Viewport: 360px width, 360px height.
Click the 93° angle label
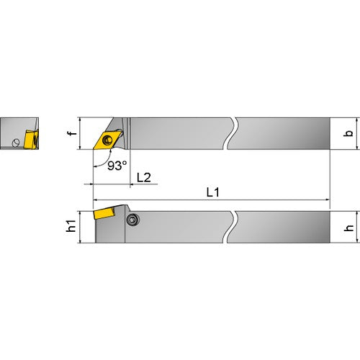pyautogui.click(x=117, y=166)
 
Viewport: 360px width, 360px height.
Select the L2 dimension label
pyautogui.click(x=144, y=177)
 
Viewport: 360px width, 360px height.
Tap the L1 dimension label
pyautogui.click(x=213, y=192)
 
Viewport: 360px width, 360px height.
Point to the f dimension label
pyautogui.click(x=72, y=132)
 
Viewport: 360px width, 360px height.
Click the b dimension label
pyautogui.click(x=348, y=133)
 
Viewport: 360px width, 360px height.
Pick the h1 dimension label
pyautogui.click(x=71, y=226)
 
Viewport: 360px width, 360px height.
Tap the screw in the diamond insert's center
pyautogui.click(x=107, y=140)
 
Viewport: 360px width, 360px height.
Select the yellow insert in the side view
pyautogui.click(x=104, y=213)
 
